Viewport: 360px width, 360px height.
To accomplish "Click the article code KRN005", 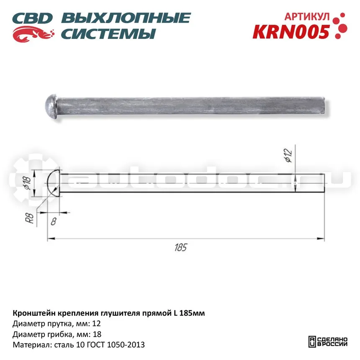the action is (x=291, y=32).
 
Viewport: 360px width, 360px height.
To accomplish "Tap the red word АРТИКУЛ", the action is (x=307, y=16).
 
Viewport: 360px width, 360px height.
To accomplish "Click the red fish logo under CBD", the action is (x=33, y=34).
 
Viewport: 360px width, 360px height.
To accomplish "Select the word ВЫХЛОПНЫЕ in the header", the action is (x=126, y=18).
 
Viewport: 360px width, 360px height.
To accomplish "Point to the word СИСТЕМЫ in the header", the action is (x=108, y=34).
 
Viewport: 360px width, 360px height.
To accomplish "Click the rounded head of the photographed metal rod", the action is (x=51, y=106).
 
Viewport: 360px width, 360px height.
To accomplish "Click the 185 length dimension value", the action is (x=181, y=247).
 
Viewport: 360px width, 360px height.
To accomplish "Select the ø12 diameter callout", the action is (x=288, y=155).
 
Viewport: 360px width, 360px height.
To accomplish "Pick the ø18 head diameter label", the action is (x=27, y=183).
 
